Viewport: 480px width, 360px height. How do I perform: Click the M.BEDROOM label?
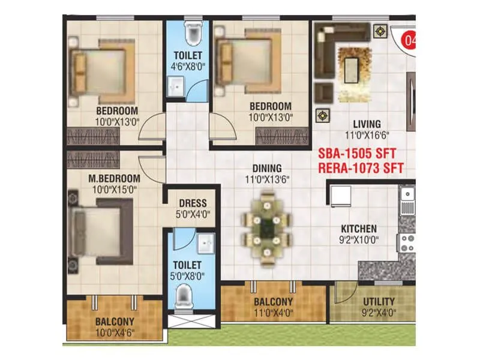pos(113,178)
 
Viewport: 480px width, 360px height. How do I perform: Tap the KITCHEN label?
pos(359,229)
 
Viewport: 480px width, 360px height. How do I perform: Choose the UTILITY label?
pos(379,301)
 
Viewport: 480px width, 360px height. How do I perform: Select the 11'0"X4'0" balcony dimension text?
pos(273,313)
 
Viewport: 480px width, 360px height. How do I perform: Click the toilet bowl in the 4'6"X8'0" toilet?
pos(193,35)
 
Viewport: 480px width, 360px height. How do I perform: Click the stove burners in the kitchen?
pos(407,244)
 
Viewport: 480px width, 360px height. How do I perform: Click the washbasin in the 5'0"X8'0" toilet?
pos(206,243)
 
